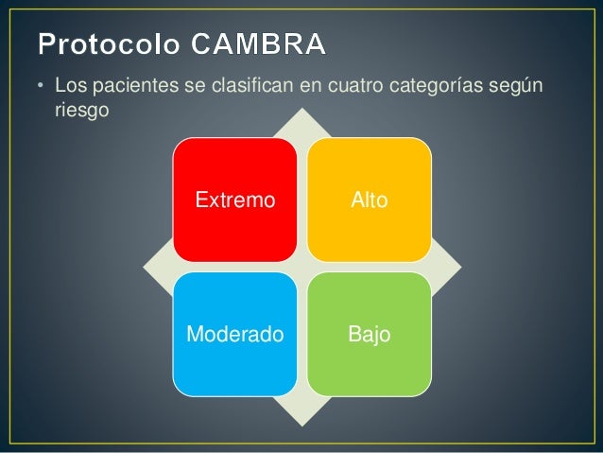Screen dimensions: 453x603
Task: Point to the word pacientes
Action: pos(122,88)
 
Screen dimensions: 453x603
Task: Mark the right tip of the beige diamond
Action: pos(458,266)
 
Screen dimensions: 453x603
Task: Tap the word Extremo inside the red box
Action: pos(234,200)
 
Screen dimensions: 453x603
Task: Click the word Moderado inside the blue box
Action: pos(234,335)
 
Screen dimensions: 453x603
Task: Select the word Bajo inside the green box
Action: pos(370,335)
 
